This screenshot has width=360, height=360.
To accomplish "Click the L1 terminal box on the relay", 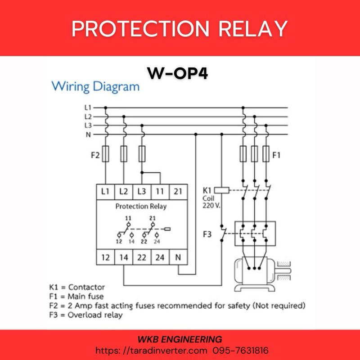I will coord(105,191).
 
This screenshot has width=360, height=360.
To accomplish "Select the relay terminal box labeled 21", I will coord(178,191).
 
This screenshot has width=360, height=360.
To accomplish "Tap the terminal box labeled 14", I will coord(124,258).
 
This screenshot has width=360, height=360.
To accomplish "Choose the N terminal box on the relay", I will coord(178,258).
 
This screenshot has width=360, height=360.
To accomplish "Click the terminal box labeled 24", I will coord(160,258).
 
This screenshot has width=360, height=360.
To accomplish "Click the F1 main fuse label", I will coord(276,156).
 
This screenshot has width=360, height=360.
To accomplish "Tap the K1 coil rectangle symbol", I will coord(222,190).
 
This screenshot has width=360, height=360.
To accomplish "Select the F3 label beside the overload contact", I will coord(207,234).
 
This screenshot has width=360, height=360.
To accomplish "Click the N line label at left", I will coord(89,134).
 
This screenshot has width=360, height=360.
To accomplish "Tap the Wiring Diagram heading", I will coord(95,86).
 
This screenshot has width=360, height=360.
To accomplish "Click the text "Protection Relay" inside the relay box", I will coord(141,207).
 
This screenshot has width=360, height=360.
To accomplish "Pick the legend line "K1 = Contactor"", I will coord(77,287).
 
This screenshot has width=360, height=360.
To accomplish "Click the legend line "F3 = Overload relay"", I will coord(85,315).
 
